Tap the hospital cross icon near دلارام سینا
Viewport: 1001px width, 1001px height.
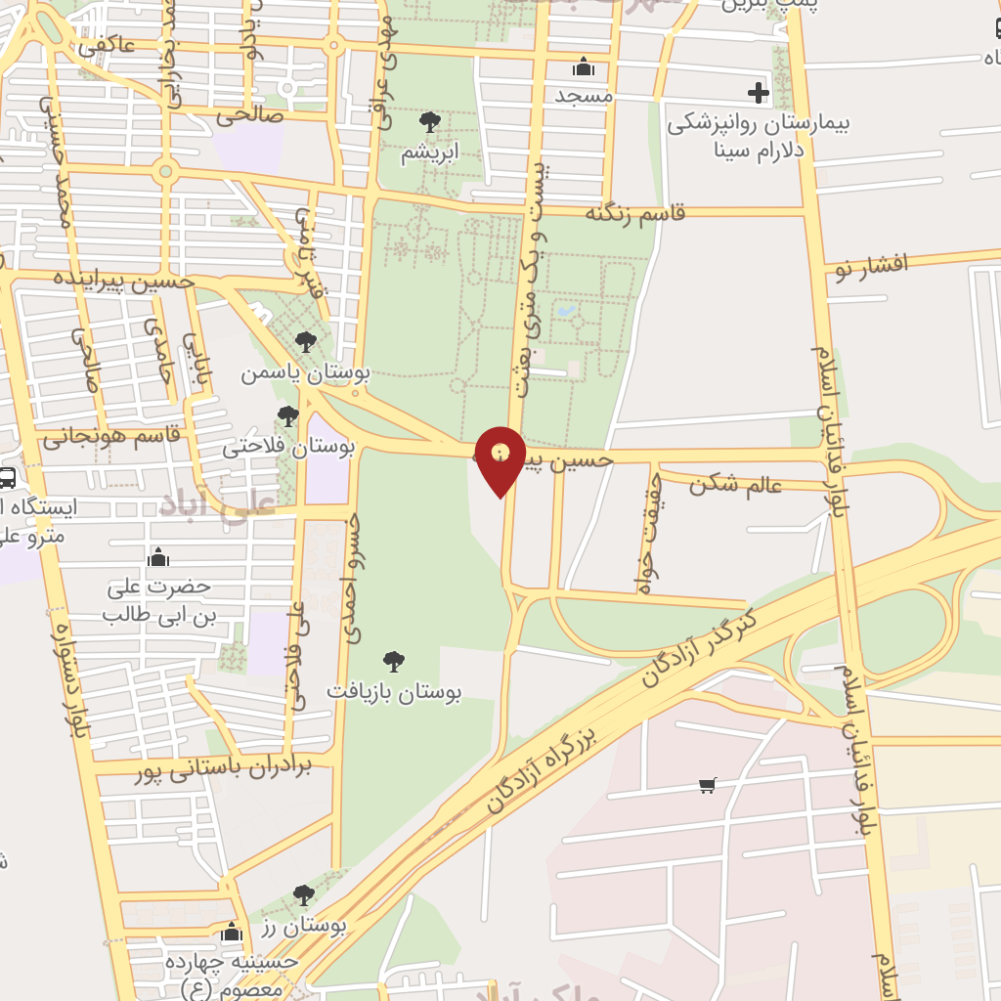759,93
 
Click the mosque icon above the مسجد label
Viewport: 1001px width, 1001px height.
584,66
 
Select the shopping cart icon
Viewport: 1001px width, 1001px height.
709,785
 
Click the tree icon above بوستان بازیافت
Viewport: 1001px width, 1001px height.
393,662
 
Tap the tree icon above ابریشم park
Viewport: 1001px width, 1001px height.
429,122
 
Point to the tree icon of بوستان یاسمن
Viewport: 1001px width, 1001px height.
306,342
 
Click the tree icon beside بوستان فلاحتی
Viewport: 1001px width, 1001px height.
287,417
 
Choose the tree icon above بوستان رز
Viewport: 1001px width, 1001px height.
304,895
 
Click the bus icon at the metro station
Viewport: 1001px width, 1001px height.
6,478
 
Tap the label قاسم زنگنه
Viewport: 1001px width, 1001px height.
635,213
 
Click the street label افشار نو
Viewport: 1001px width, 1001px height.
871,264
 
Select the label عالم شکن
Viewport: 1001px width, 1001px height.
735,484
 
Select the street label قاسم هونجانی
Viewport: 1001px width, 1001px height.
111,436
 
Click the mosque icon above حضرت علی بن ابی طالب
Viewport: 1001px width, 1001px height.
157,558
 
